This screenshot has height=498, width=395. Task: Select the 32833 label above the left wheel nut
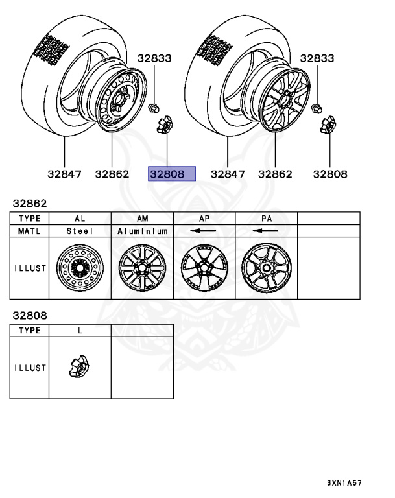point(154,58)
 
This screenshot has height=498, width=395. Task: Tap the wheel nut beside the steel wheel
point(154,108)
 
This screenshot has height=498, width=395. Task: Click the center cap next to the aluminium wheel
point(328,124)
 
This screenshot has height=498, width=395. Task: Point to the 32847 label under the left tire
point(64,174)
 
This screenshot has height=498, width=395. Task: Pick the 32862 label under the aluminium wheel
point(275,174)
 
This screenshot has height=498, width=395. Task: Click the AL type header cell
point(80,219)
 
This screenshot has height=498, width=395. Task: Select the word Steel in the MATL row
point(80,231)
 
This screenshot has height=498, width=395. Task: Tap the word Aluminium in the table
point(142,231)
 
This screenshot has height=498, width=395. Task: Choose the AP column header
point(204,219)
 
